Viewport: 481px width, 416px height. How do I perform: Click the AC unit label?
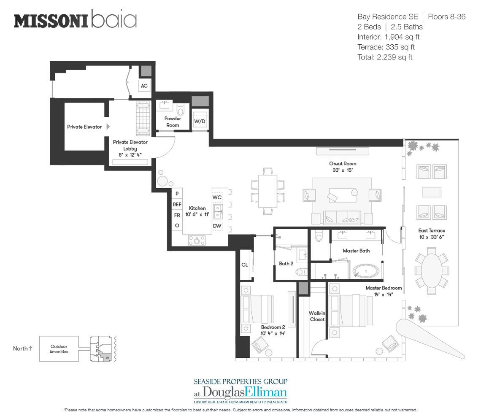point(144,86)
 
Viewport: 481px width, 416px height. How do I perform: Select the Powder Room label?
point(173,122)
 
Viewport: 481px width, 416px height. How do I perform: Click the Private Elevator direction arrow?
point(108,127)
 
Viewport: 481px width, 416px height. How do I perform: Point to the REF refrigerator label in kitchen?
point(177,204)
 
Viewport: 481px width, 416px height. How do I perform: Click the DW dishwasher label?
point(217,226)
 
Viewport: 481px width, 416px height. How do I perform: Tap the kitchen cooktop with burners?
point(197,240)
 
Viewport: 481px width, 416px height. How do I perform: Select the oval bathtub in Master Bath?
point(366,271)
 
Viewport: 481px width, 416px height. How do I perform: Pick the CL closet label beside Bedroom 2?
point(244,265)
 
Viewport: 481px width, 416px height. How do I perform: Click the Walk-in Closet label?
point(317,316)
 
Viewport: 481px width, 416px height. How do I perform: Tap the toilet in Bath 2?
point(301,272)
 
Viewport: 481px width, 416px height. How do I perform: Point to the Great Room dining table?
point(268,191)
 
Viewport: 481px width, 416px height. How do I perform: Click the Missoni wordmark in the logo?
point(51,21)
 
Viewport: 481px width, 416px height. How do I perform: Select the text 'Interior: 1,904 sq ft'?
point(388,37)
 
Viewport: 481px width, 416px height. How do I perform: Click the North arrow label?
point(23,348)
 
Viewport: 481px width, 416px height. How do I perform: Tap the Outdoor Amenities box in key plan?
point(59,349)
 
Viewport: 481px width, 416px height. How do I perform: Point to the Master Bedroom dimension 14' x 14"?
point(384,294)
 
